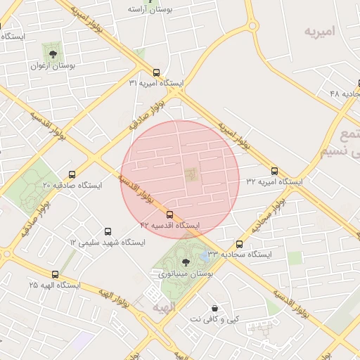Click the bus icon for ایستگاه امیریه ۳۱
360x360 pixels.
[156, 72]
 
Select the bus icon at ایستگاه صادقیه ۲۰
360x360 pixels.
[72, 174]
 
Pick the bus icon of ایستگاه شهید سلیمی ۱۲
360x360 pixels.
[108, 231]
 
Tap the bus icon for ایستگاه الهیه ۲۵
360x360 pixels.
[55, 274]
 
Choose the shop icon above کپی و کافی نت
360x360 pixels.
[214, 308]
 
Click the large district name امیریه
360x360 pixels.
[328, 32]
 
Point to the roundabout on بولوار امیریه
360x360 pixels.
[252, 26]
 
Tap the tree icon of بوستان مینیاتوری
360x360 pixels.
[186, 261]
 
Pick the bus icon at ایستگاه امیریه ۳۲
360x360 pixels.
[274, 171]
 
